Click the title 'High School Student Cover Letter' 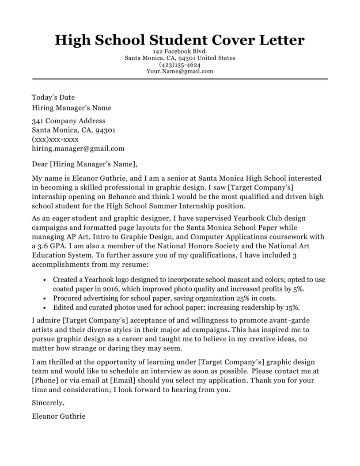tap(180, 40)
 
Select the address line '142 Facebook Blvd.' tap(180, 52)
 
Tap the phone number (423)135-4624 tap(180, 64)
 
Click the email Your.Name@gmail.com tap(180, 71)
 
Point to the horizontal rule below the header tap(180, 79)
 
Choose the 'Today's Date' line tap(53, 98)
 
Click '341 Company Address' tap(68, 121)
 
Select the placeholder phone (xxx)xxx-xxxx tap(55, 140)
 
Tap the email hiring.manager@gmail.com tap(78, 149)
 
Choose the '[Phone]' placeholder tap(46, 381)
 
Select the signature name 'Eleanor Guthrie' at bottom tap(59, 416)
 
